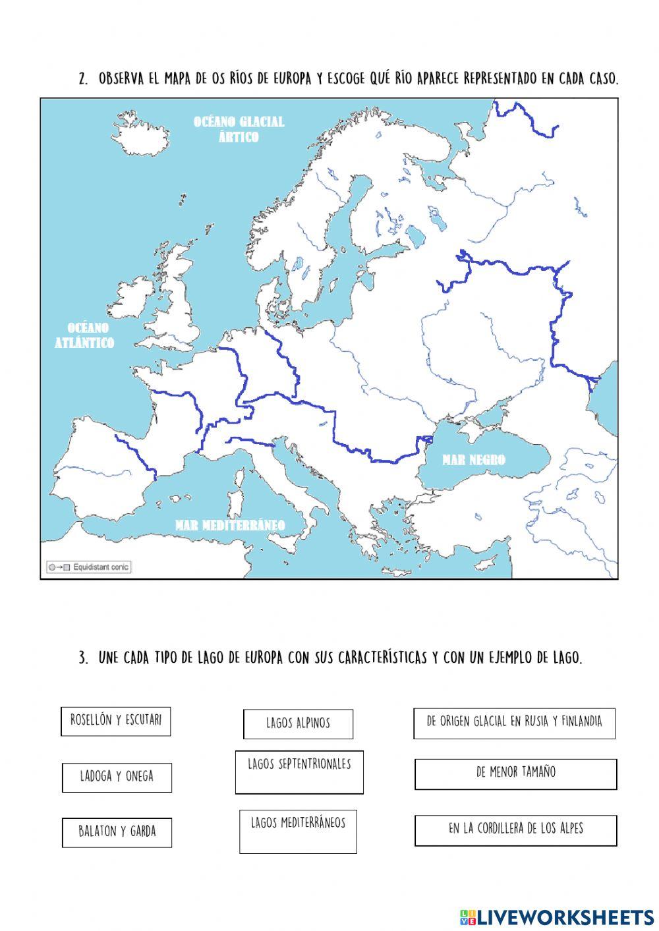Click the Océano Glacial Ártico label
pyautogui.click(x=239, y=129)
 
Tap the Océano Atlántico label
pyautogui.click(x=84, y=335)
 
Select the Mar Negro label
pyautogui.click(x=474, y=460)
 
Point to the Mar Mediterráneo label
pyautogui.click(x=230, y=525)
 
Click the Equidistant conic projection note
pyautogui.click(x=88, y=567)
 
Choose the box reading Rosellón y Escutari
pyautogui.click(x=116, y=721)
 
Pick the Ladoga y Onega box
pyautogui.click(x=117, y=777)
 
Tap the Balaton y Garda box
pyautogui.click(x=117, y=832)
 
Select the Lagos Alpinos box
pyautogui.click(x=298, y=723)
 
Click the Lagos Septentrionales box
pyautogui.click(x=299, y=771)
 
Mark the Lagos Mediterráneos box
pyautogui.click(x=298, y=831)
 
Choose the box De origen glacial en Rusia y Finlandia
pyautogui.click(x=514, y=723)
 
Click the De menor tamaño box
pyautogui.click(x=515, y=774)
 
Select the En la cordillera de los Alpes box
pyautogui.click(x=515, y=830)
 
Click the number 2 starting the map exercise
pyautogui.click(x=83, y=79)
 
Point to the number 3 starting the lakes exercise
pyautogui.click(x=83, y=658)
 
